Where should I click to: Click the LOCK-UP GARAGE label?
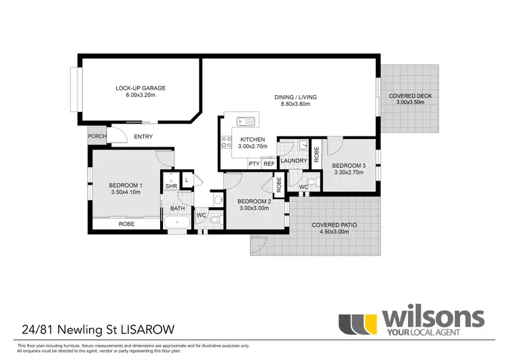(x=140, y=88)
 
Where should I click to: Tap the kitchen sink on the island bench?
(x=245, y=122)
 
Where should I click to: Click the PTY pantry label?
(x=254, y=164)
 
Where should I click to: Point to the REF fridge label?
(x=269, y=164)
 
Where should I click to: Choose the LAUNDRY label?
(x=294, y=161)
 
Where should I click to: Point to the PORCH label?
(x=96, y=137)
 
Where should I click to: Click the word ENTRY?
(x=143, y=137)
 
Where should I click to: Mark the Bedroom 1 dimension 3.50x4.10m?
(x=126, y=192)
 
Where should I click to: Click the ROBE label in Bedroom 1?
(x=126, y=223)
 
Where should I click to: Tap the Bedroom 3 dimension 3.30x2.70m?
(x=349, y=173)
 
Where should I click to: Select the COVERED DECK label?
(x=410, y=96)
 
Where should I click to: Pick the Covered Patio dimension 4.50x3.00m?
(x=330, y=232)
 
